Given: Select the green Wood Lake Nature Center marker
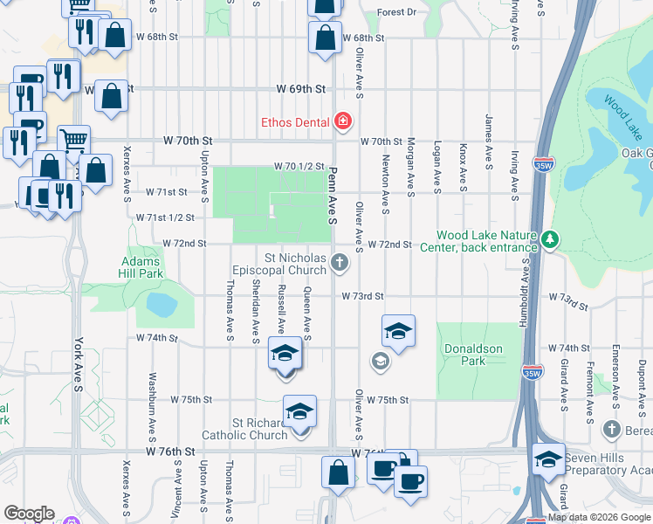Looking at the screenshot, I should pyautogui.click(x=549, y=238).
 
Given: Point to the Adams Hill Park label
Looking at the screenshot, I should pyautogui.click(x=141, y=267).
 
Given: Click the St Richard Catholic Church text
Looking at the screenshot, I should pyautogui.click(x=244, y=429).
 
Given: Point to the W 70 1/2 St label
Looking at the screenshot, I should pyautogui.click(x=299, y=166).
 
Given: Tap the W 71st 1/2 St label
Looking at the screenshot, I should pyautogui.click(x=164, y=217).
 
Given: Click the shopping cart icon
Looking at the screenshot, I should pyautogui.click(x=74, y=140).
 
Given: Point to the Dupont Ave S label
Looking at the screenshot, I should pyautogui.click(x=643, y=383).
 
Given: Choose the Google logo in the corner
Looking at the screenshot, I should pyautogui.click(x=30, y=514).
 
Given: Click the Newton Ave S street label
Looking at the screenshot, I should pyautogui.click(x=384, y=183).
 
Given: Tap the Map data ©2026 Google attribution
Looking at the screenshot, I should pyautogui.click(x=599, y=518).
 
